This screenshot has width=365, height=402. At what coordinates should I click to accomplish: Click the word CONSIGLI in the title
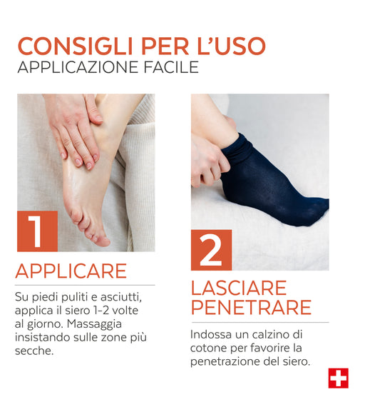(x=76, y=46)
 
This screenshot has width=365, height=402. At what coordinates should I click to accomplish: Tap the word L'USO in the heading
(x=232, y=46)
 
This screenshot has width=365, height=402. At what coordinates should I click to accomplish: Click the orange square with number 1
(x=37, y=231)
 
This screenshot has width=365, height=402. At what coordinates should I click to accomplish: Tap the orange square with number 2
(x=212, y=250)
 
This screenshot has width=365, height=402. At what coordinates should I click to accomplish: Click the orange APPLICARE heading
(x=71, y=271)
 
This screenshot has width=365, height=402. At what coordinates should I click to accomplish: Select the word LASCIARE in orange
(x=239, y=288)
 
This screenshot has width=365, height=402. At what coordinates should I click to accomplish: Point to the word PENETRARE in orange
(x=251, y=307)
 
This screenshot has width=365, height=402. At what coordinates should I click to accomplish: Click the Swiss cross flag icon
(x=339, y=378)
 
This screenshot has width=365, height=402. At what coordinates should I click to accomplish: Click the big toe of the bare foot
(x=103, y=240)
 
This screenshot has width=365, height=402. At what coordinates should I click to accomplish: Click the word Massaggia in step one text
(x=94, y=324)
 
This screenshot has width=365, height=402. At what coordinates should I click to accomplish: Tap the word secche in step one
(x=34, y=351)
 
